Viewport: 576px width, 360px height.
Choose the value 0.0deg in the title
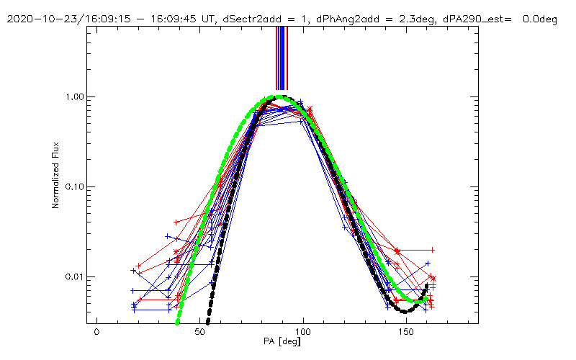538,19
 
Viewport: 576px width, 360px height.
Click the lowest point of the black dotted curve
405,311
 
